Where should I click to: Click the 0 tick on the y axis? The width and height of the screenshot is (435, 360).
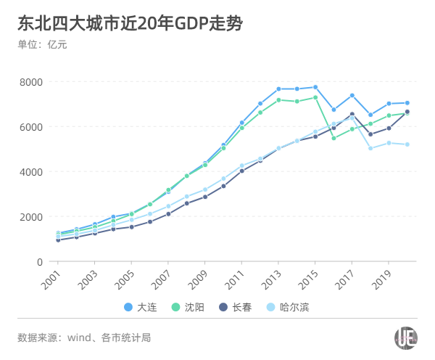point(41,262)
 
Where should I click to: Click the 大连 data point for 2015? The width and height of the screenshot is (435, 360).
point(315,87)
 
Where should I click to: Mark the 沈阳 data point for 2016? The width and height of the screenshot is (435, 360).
point(333,138)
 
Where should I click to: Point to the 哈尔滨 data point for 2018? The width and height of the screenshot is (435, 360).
point(370,148)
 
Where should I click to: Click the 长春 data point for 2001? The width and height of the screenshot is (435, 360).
point(58,240)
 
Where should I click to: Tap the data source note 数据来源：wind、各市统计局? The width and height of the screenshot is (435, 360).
point(85,337)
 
